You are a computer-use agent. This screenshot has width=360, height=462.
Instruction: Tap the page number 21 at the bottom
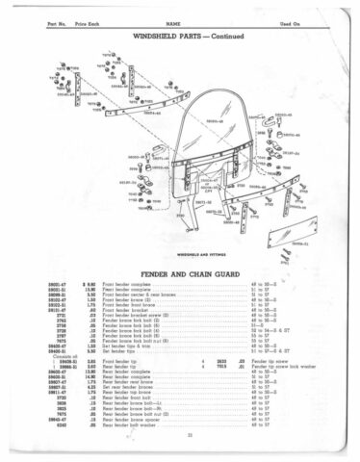[x=179, y=438]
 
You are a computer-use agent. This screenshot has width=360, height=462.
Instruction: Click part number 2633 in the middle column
[x=221, y=360]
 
